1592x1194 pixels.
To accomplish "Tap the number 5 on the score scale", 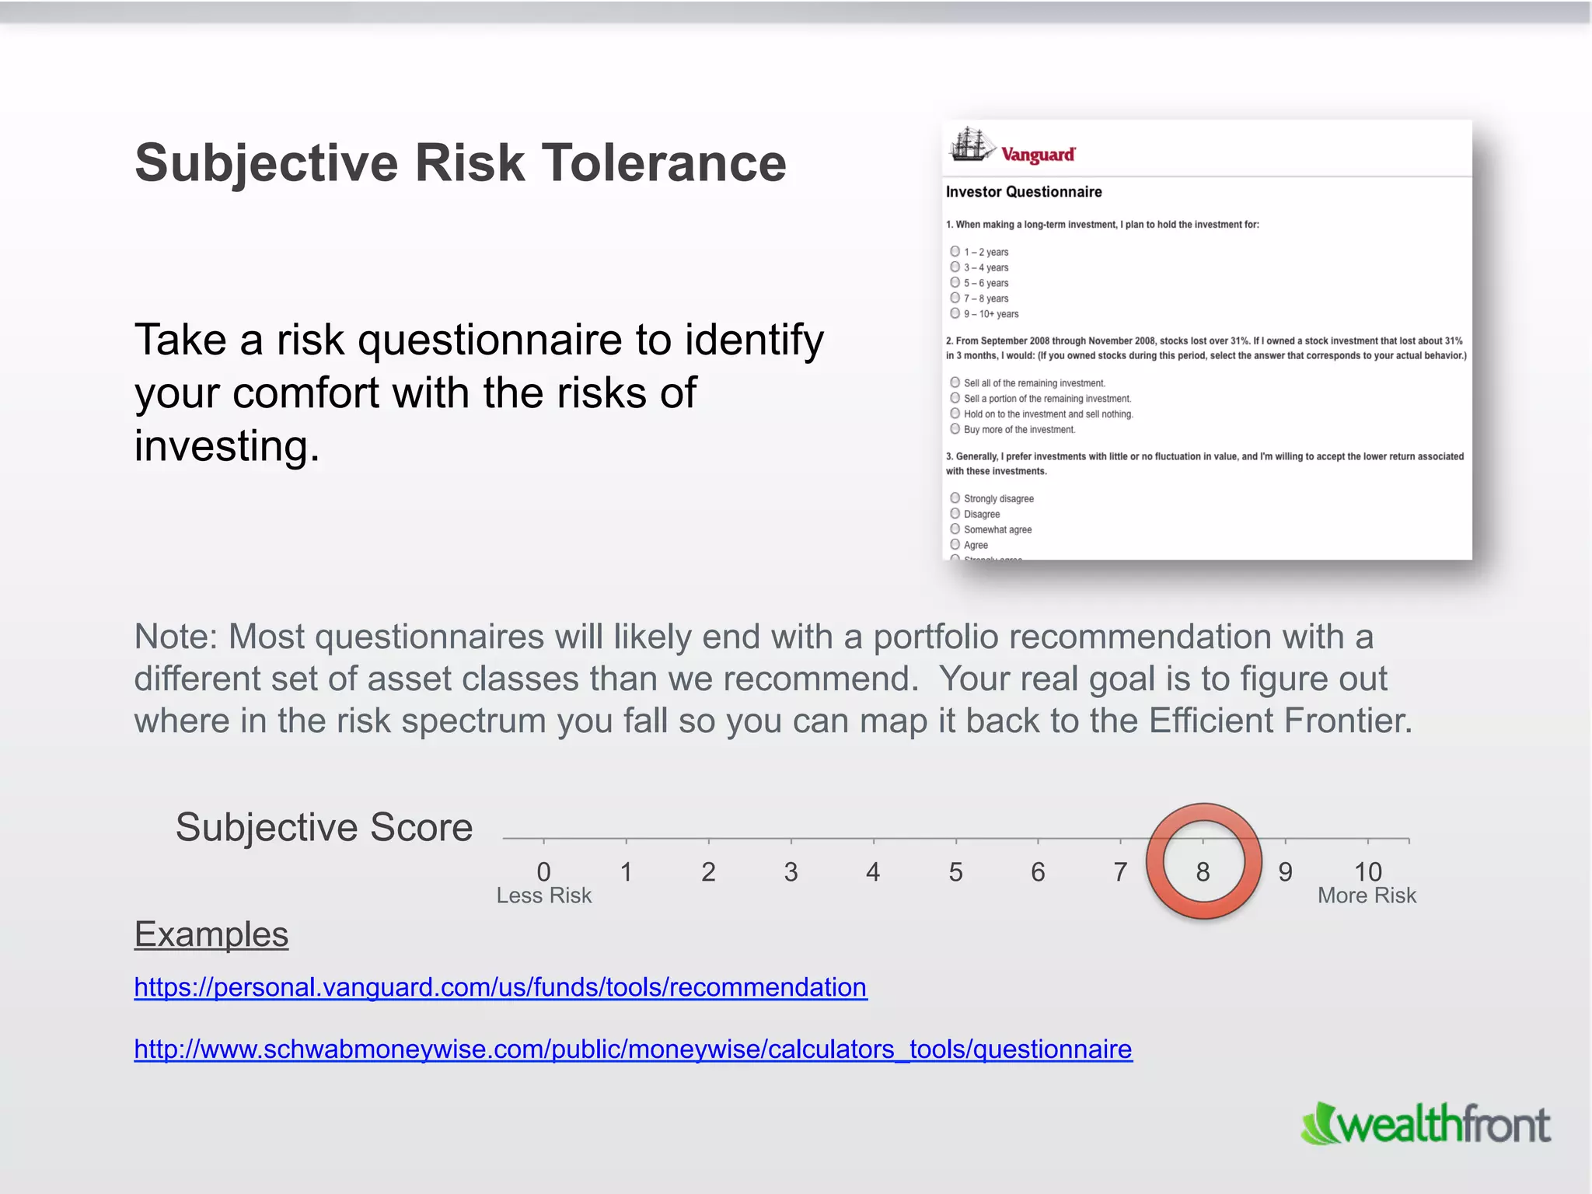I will coord(955,872).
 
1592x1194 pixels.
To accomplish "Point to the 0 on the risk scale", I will coord(543,872).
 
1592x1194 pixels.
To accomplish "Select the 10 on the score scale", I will coord(1367,872).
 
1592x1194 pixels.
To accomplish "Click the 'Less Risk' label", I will coord(544,896).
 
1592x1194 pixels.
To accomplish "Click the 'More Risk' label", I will coord(1367,896).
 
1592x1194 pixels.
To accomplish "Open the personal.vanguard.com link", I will coord(500,987).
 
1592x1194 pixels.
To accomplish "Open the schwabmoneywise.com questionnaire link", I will coord(633,1049).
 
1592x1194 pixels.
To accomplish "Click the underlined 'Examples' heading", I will coord(211,934).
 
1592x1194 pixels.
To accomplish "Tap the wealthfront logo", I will coord(1426,1124).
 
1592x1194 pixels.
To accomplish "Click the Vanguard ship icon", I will coord(970,145).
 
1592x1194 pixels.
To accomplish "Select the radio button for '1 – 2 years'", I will coord(955,251).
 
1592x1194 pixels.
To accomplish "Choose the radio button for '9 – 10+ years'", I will coord(955,313).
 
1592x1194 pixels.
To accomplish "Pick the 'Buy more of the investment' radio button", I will coord(955,429).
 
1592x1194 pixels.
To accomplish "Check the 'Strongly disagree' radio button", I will coord(955,498).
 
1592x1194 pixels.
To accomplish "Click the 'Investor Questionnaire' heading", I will coord(1024,192).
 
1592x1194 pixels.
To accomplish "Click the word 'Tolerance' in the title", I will coord(663,163).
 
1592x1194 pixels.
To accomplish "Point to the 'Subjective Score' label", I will coord(324,827).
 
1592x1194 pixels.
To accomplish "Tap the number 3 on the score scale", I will coord(791,872).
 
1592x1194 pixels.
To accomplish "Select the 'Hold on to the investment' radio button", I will coord(955,414).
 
